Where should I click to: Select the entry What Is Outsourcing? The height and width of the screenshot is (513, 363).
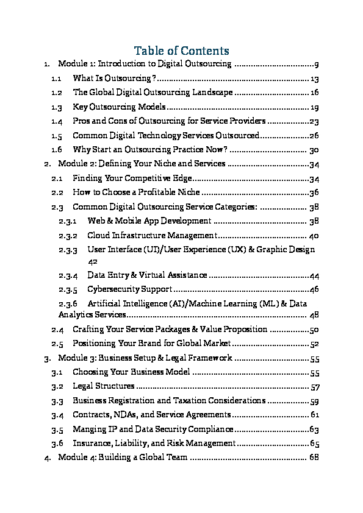coord(115,79)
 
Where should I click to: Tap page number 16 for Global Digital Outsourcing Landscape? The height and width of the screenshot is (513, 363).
coord(315,93)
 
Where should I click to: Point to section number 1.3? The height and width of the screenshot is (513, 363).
coord(57,107)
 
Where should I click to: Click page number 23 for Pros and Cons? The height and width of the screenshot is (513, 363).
coord(315,121)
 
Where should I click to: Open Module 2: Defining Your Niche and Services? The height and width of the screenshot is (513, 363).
coord(142,164)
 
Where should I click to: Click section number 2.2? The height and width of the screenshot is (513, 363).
coord(57,192)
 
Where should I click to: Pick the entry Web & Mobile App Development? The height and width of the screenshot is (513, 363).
coord(149,221)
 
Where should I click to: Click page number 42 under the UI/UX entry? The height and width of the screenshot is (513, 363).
coord(93,261)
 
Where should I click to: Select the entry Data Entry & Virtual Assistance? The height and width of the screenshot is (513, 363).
coord(148,275)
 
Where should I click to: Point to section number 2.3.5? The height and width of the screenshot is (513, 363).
coord(67,289)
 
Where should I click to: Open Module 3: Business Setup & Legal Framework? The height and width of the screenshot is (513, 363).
coord(145,358)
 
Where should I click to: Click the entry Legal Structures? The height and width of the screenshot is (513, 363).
coord(103,386)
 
